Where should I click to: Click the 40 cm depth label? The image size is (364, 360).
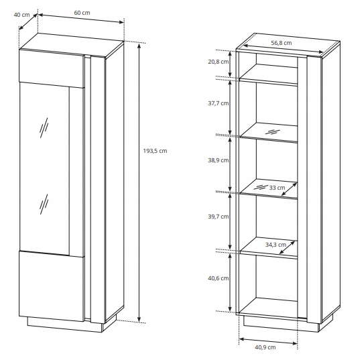pyautogui.click(x=22, y=15)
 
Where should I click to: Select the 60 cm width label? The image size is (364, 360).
pyautogui.click(x=82, y=13)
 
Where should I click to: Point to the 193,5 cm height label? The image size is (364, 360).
pyautogui.click(x=155, y=151)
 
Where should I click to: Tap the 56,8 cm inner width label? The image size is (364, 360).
pyautogui.click(x=282, y=43)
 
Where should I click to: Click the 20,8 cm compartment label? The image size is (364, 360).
pyautogui.click(x=219, y=62)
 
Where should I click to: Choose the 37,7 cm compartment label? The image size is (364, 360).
pyautogui.click(x=219, y=103)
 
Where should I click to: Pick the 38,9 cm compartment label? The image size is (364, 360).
pyautogui.click(x=219, y=160)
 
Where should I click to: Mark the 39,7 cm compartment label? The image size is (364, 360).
pyautogui.click(x=219, y=217)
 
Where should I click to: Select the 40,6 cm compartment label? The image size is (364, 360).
pyautogui.click(x=219, y=278)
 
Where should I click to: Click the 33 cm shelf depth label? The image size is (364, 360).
pyautogui.click(x=277, y=188)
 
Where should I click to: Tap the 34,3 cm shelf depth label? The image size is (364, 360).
pyautogui.click(x=276, y=245)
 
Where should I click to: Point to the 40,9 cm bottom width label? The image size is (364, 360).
pyautogui.click(x=265, y=347)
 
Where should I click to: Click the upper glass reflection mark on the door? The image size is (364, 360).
pyautogui.click(x=44, y=127)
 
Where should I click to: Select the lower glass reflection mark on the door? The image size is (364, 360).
pyautogui.click(x=44, y=204)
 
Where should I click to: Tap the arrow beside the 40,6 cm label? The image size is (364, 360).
pyautogui.click(x=230, y=282)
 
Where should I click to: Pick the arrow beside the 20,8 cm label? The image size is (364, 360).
pyautogui.click(x=230, y=64)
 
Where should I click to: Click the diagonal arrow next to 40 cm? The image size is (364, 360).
pyautogui.click(x=28, y=21)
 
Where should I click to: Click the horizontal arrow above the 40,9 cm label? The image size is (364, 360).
pyautogui.click(x=268, y=341)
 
